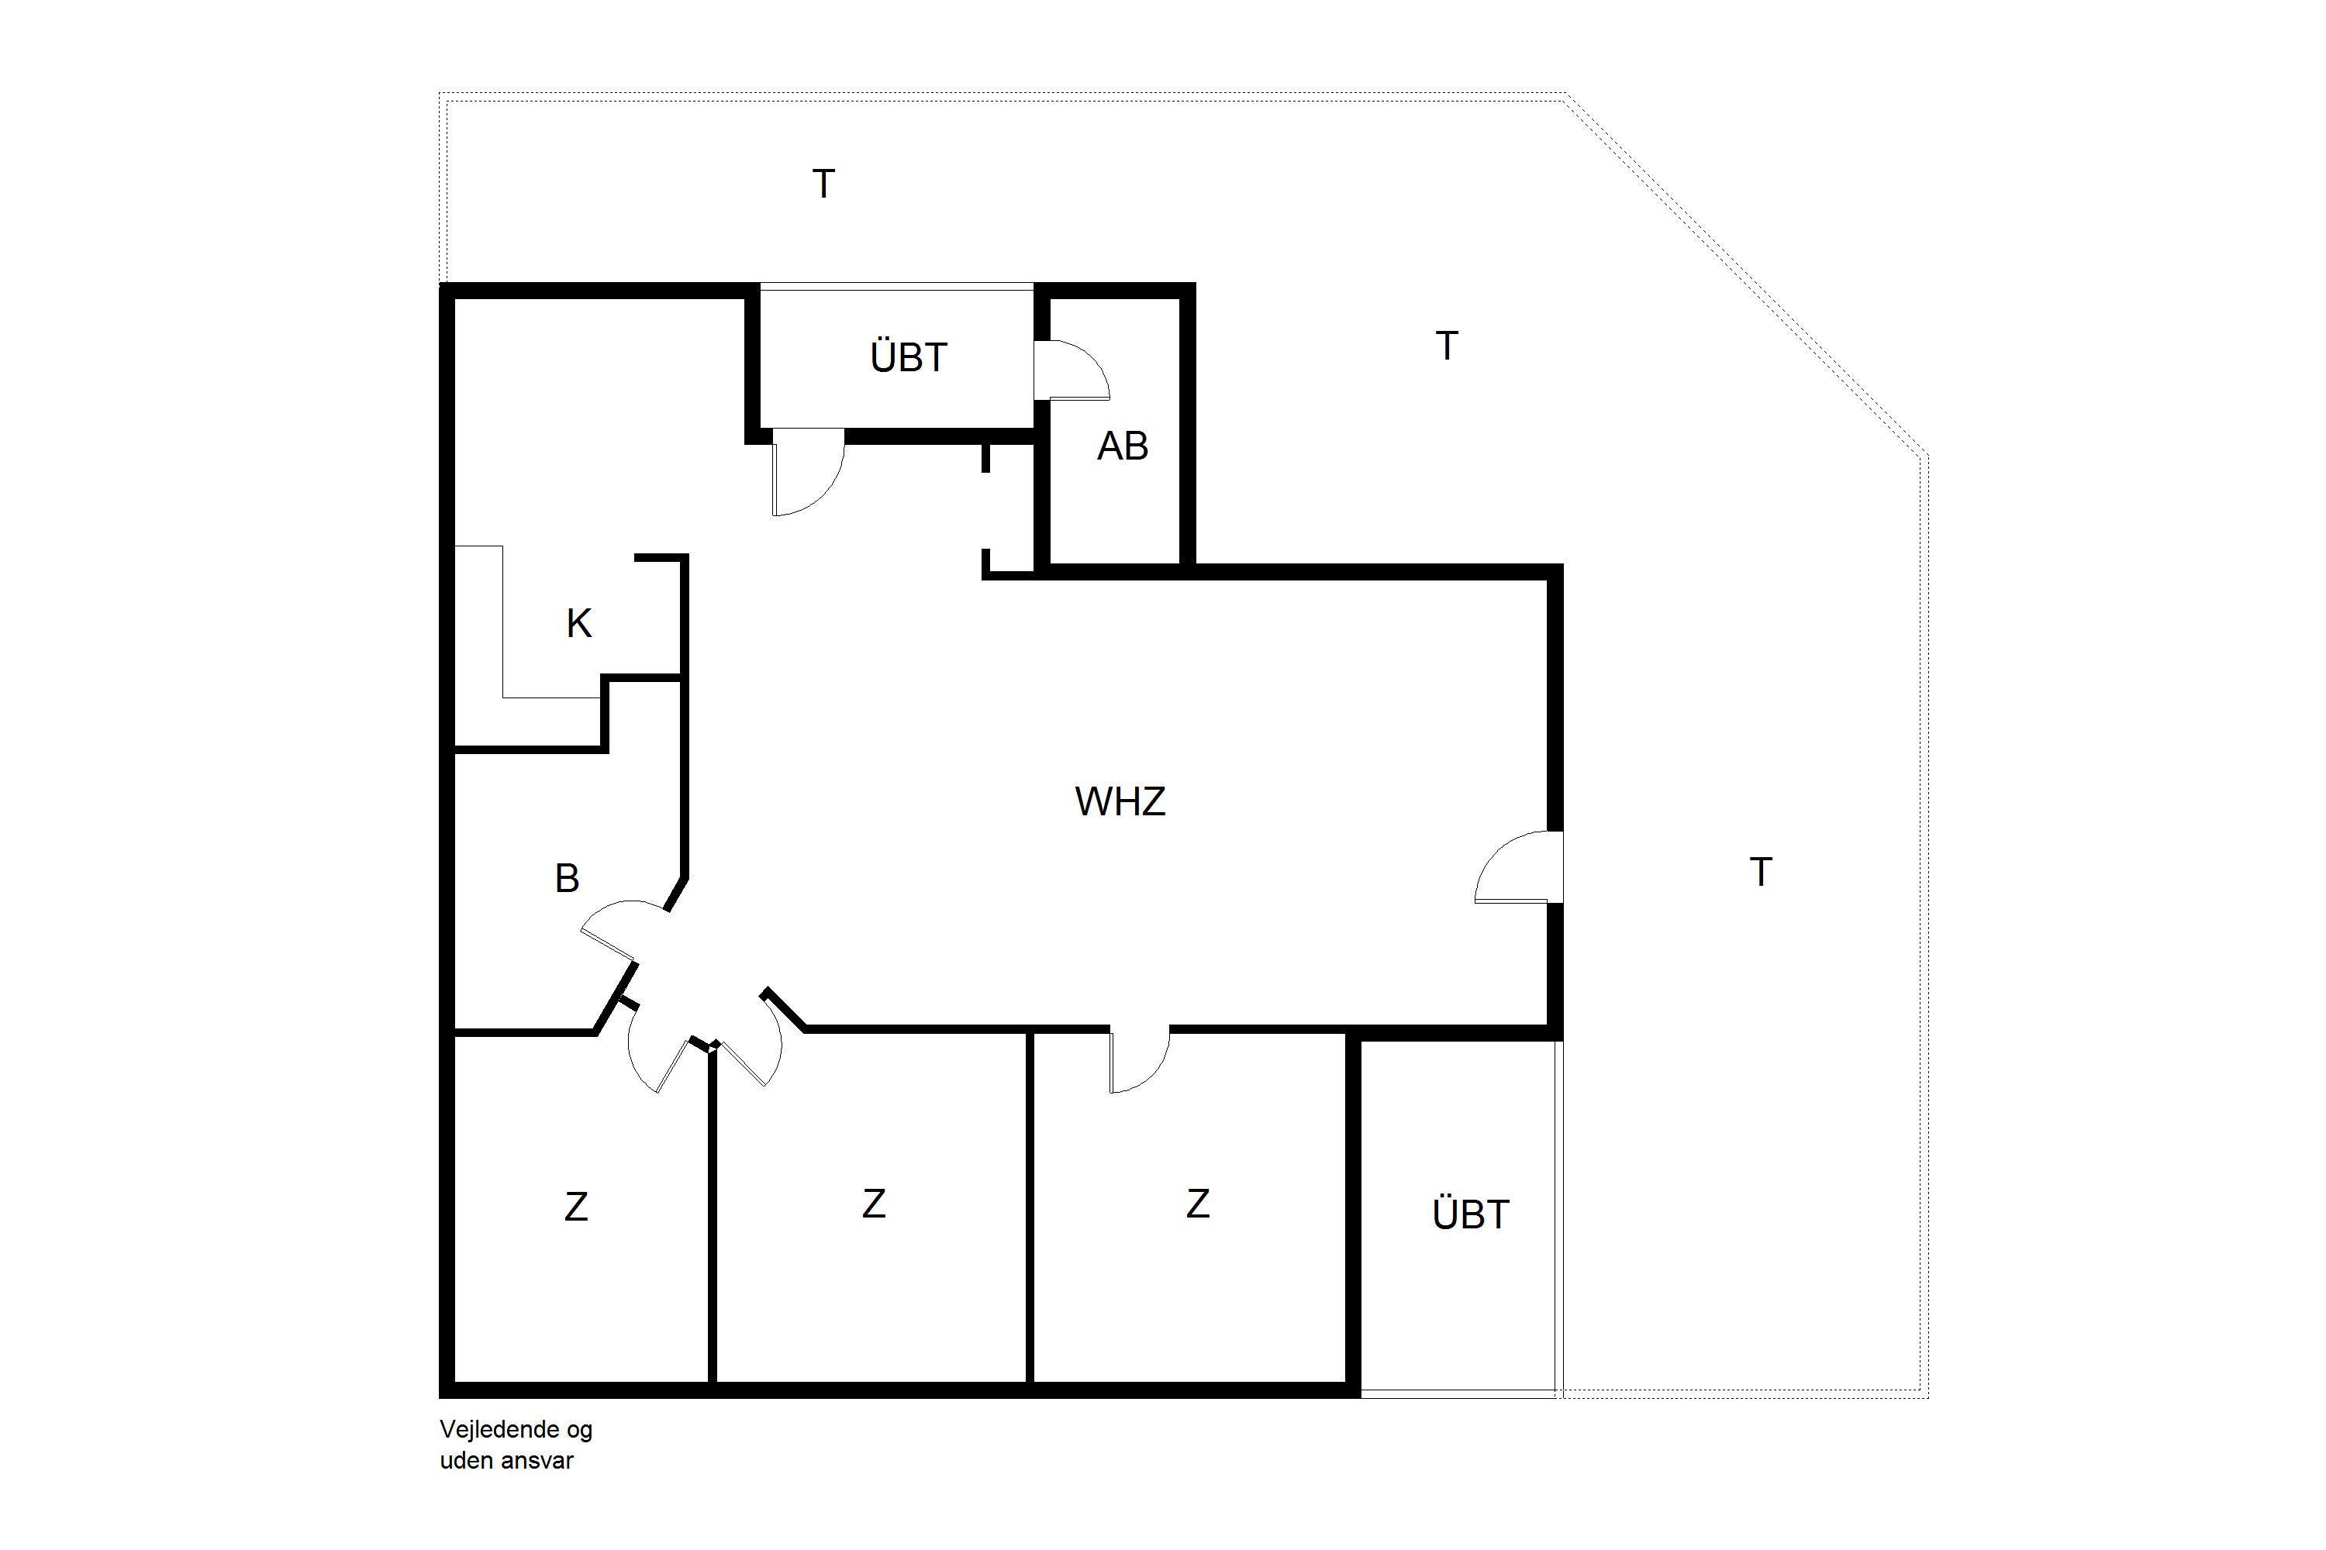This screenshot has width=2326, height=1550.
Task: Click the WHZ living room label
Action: (1120, 801)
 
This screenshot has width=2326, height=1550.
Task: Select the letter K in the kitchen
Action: (578, 624)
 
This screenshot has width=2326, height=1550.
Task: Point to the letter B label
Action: (567, 878)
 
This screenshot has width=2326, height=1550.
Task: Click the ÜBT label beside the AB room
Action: (909, 356)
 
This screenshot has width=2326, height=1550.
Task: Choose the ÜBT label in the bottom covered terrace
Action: (1471, 1213)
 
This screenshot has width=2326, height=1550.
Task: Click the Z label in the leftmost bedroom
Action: (577, 1207)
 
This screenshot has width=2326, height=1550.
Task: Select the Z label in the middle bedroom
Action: (873, 1204)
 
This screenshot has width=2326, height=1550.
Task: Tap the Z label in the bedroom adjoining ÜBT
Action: (1198, 1204)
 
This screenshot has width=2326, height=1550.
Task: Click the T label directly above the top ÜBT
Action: (823, 184)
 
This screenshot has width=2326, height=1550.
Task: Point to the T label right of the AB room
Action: (1447, 346)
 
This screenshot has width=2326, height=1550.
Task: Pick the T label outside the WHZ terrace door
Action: (1760, 872)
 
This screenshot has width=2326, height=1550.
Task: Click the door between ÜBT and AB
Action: (1072, 370)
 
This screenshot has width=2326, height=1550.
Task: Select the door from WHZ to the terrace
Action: (1519, 867)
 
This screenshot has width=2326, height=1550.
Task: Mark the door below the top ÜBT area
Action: (808, 473)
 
